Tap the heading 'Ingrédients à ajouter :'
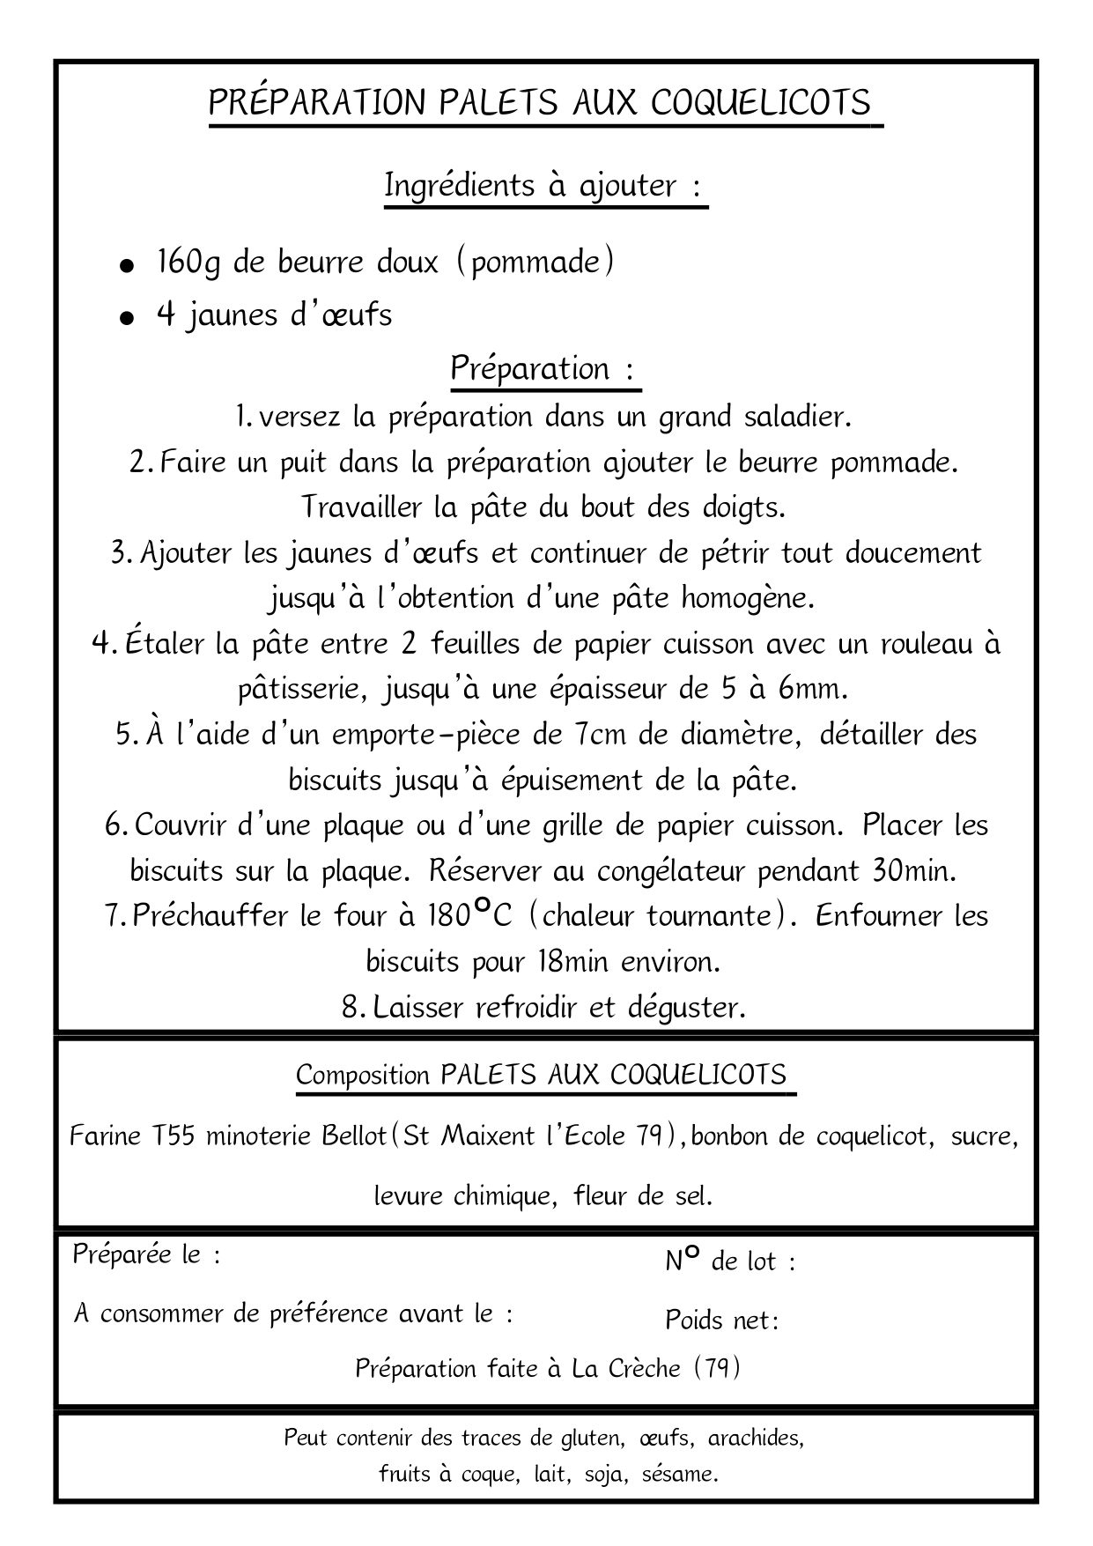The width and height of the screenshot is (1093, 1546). [545, 186]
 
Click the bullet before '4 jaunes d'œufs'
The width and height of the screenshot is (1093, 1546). [129, 318]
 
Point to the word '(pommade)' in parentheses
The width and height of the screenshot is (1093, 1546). [535, 262]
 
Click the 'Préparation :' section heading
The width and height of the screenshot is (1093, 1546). [543, 367]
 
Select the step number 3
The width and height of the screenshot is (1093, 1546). [122, 553]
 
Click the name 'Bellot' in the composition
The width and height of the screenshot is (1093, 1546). [352, 1136]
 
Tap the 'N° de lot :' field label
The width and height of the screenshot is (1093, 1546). [730, 1261]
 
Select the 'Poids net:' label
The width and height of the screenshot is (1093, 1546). [721, 1320]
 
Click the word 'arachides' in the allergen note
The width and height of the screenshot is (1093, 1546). [756, 1439]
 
